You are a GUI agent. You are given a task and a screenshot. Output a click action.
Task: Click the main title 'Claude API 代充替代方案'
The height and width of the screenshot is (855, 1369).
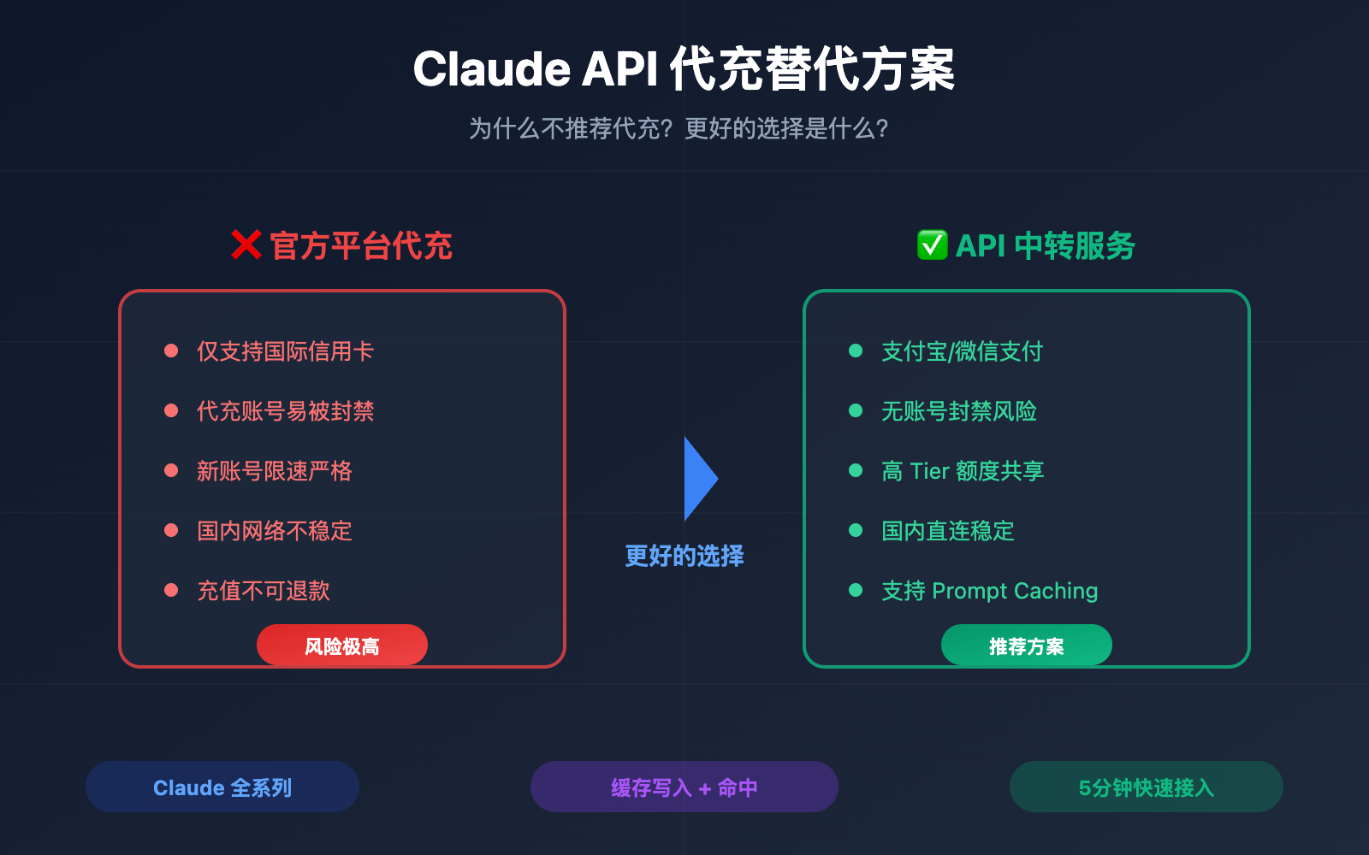684,69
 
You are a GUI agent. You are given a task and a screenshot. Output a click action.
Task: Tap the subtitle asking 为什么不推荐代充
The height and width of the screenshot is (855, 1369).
679,129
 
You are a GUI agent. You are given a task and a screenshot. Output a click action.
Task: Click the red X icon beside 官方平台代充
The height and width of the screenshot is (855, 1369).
246,245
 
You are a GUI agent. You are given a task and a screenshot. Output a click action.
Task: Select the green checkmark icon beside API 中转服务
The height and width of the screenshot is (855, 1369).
932,245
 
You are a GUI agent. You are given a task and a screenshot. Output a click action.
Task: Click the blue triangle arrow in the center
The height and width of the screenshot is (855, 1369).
698,479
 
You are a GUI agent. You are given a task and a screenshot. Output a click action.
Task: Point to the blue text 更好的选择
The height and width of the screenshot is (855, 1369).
684,556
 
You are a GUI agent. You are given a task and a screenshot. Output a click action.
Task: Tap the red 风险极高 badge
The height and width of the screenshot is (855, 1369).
341,646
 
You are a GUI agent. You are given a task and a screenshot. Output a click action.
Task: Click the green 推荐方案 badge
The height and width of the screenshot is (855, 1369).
1026,646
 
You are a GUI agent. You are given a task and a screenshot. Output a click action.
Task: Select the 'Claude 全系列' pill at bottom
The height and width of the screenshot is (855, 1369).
222,787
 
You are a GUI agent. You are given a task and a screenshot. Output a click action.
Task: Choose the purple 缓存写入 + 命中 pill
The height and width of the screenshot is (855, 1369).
684,787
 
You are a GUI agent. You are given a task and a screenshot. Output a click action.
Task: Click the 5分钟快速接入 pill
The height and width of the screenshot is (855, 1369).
1146,787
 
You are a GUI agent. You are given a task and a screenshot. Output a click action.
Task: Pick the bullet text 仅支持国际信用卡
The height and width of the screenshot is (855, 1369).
285,351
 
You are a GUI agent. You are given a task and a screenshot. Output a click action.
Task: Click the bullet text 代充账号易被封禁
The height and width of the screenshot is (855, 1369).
285,411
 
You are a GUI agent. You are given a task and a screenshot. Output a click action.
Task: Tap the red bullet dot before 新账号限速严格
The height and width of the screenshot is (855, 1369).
171,470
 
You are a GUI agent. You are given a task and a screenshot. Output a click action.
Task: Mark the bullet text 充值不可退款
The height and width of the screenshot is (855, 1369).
263,591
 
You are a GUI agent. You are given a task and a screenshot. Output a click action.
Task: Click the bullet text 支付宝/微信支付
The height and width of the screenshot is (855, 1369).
962,351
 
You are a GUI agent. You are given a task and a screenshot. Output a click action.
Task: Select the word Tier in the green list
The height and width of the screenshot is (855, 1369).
929,471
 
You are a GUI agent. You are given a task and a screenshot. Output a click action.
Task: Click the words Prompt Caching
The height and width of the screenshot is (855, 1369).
1014,591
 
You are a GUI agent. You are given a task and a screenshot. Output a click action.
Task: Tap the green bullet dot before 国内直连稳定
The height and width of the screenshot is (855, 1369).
856,530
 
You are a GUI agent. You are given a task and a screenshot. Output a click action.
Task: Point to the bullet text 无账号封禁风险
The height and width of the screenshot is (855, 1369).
958,411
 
